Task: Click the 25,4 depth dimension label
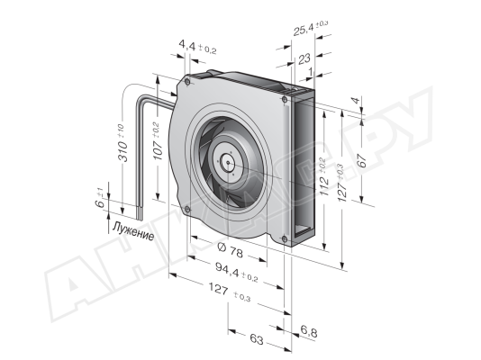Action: click(311, 28)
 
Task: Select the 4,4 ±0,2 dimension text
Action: click(197, 47)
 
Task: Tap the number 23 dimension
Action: click(304, 58)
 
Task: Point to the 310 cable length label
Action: click(123, 143)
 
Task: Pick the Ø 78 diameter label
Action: click(230, 249)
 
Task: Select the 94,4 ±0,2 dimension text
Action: click(237, 272)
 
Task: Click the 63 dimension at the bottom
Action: click(257, 339)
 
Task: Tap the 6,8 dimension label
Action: click(309, 331)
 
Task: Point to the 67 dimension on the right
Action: click(362, 160)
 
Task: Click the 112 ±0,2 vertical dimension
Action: click(324, 177)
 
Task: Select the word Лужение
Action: click(133, 231)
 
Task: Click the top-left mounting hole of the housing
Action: click(187, 82)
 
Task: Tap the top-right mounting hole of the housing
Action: click(285, 99)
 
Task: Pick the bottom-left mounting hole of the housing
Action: click(187, 210)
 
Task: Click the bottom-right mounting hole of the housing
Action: click(285, 239)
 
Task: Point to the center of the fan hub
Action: click(229, 163)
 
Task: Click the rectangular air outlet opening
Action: click(304, 168)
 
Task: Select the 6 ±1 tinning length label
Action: click(101, 199)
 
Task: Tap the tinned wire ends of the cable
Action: click(140, 213)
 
